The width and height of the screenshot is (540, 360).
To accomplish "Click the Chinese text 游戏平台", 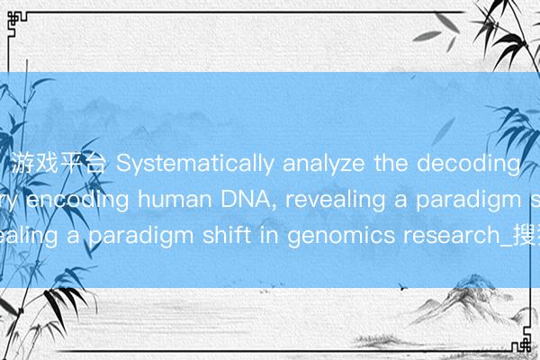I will [x=59, y=164].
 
